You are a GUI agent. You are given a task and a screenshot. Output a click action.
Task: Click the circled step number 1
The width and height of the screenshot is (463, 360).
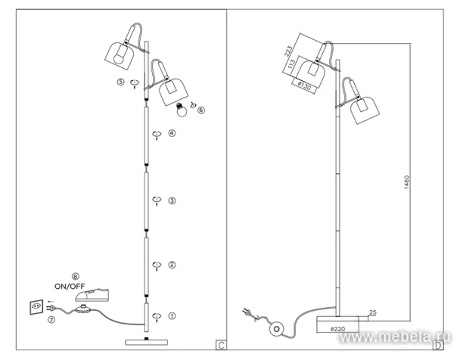pos(172,315)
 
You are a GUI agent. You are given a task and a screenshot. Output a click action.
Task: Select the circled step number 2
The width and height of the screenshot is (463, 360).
pos(172,265)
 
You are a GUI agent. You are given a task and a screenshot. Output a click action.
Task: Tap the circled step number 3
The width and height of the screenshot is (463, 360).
pos(172,200)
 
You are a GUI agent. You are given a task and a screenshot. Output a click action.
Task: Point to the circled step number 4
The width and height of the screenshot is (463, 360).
pos(172,133)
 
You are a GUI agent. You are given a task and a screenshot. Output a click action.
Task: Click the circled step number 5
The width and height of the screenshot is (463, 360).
pos(120,82)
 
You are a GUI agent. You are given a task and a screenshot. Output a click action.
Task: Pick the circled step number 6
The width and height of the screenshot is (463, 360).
pos(201,110)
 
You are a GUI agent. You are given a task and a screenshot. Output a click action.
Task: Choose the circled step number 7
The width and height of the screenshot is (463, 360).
pos(51,320)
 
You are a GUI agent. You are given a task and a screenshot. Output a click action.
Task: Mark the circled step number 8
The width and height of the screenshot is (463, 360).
pos(76,276)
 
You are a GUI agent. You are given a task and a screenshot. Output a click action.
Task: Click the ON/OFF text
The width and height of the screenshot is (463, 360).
pos(70,286)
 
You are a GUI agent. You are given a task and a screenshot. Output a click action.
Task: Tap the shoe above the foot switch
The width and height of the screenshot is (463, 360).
pos(92,295)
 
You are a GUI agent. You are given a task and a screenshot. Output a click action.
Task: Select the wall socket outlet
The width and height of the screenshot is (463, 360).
pos(36,307)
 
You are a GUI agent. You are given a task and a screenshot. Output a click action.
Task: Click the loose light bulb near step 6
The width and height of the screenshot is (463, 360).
pos(182,110)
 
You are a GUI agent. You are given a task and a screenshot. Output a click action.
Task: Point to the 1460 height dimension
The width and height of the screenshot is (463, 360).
pos(406,182)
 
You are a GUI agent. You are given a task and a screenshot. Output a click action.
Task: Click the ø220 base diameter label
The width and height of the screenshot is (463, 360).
pos(338,329)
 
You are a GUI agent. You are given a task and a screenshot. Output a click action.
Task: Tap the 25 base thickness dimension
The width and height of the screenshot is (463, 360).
pos(373,312)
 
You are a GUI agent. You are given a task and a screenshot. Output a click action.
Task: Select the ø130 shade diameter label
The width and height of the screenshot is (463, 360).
pos(304,86)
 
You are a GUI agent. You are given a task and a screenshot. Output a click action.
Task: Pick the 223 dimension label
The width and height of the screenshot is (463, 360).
pos(288,51)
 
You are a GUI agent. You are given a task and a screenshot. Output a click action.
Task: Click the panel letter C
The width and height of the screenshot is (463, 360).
pos(221,345)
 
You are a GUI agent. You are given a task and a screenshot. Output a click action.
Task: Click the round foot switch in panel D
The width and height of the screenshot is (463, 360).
pos(277,329)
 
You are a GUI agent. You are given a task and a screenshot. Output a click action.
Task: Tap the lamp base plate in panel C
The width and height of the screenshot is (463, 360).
pos(147,343)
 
